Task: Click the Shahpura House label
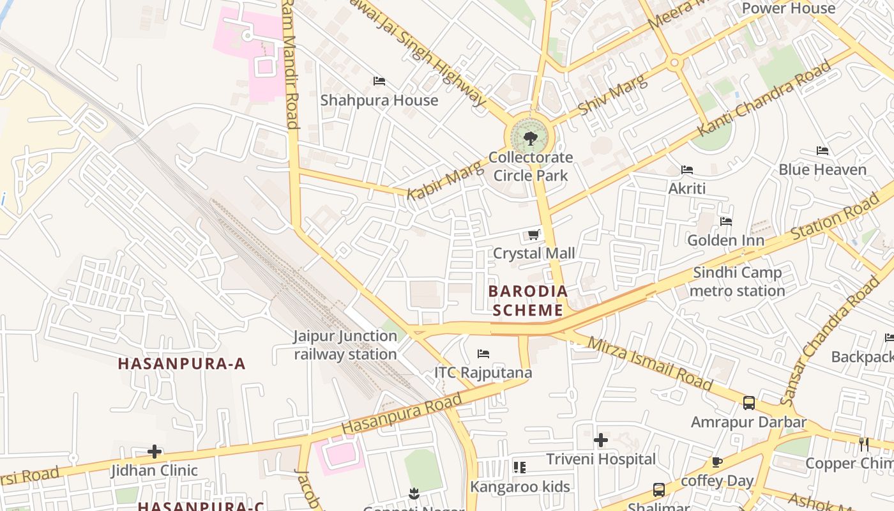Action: click(379, 100)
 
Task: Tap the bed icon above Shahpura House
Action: click(379, 81)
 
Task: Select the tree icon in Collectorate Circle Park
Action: click(530, 138)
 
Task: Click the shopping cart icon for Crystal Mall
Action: click(534, 235)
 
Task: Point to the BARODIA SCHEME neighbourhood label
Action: click(527, 301)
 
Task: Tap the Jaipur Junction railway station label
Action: click(345, 345)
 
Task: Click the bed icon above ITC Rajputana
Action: click(483, 354)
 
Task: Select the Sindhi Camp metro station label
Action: click(738, 282)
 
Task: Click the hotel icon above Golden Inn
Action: click(726, 222)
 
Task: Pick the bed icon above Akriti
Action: click(687, 170)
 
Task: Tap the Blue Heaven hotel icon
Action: click(822, 151)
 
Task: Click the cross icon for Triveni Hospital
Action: click(601, 440)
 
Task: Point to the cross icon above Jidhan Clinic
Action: click(155, 452)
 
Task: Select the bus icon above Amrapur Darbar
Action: click(749, 403)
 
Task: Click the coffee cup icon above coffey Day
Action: click(717, 462)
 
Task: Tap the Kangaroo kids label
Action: click(520, 487)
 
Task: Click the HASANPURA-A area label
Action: click(182, 363)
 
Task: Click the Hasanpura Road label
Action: click(402, 415)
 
